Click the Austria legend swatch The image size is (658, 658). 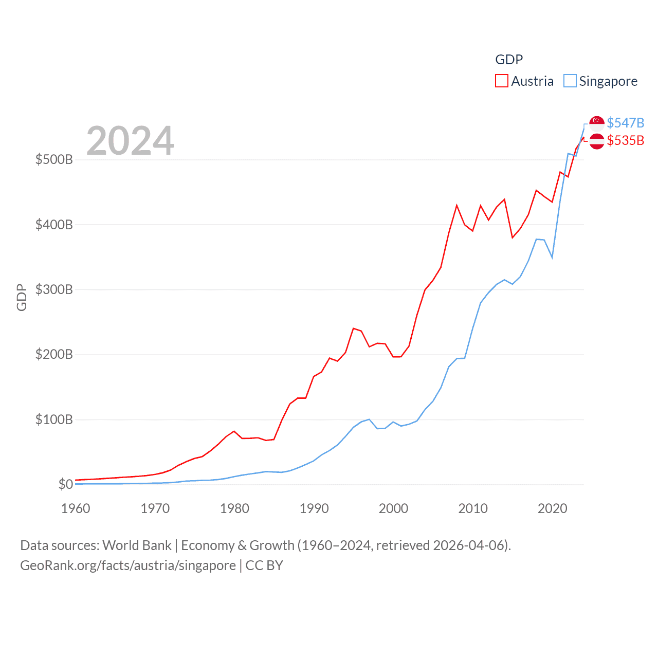click(x=502, y=81)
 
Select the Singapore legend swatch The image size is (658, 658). click(x=570, y=81)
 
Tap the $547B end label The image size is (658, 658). click(x=625, y=123)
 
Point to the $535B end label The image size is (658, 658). click(x=625, y=140)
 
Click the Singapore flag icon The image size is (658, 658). click(x=597, y=123)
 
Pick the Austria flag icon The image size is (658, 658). click(x=597, y=141)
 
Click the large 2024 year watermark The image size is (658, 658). click(x=130, y=141)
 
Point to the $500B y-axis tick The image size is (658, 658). click(x=54, y=159)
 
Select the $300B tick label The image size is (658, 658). click(x=54, y=289)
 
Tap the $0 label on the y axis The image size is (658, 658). click(x=65, y=484)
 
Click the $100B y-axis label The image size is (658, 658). click(x=54, y=419)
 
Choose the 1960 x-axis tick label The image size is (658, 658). click(x=76, y=508)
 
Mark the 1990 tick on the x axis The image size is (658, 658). click(x=314, y=508)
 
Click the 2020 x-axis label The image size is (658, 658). click(x=553, y=508)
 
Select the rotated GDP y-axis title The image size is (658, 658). click(x=22, y=297)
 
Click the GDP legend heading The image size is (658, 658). click(x=509, y=60)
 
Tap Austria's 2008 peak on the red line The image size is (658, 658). click(x=456, y=206)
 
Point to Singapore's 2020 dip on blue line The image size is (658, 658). click(x=552, y=257)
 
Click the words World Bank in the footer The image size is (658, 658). click(x=137, y=545)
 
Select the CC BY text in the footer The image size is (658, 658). click(x=264, y=565)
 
